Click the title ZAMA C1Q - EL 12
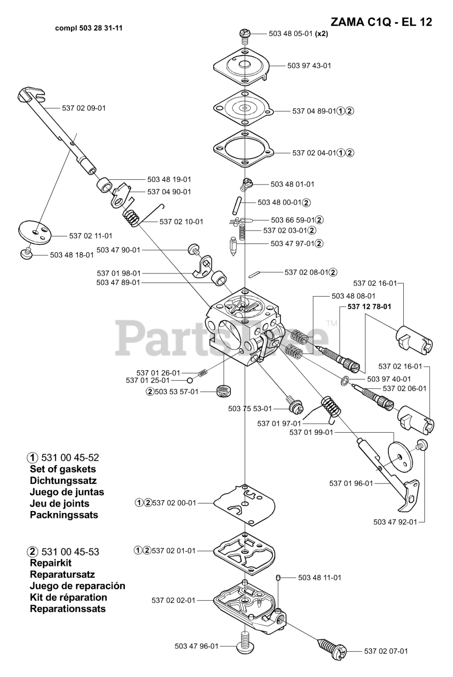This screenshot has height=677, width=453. [x=381, y=22]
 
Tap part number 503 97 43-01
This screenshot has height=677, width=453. [x=309, y=66]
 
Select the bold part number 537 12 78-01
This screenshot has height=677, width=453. [x=369, y=306]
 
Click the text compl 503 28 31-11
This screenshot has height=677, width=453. [x=89, y=28]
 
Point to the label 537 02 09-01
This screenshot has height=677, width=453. [x=84, y=108]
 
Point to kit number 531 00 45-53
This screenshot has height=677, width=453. [x=69, y=552]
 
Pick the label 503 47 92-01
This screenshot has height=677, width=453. [x=395, y=522]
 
